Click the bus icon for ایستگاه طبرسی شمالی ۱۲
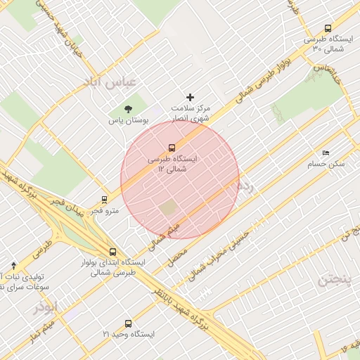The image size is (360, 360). pos(172,148)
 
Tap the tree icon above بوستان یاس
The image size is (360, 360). pos(128,109)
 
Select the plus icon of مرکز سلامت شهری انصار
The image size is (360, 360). pos(189,97)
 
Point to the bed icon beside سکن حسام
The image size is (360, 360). pos(325,153)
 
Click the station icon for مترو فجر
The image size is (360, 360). pos(105,200)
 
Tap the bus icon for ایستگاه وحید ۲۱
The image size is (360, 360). pos(127,323)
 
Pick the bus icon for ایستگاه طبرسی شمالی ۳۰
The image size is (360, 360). pos(328,29)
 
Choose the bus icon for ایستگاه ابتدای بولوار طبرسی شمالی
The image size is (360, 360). pos(112,252)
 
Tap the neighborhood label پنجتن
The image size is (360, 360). pos(333,280)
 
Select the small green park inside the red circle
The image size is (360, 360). pos(167,208)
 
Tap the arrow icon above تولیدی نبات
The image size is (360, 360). pos(14,266)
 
